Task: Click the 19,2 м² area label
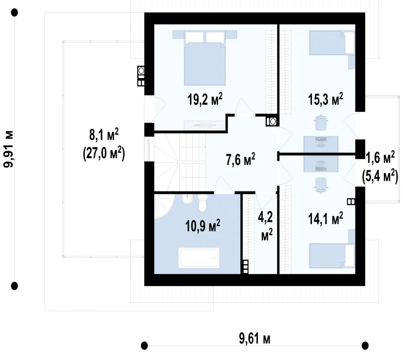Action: tap(205, 99)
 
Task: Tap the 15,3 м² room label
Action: tap(326, 99)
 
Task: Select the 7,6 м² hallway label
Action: tap(240, 159)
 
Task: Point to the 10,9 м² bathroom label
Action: tap(203, 226)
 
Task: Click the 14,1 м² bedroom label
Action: tap(326, 218)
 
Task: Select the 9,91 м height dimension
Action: tap(8, 149)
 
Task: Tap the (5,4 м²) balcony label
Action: tap(380, 176)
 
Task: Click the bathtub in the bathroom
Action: tap(199, 258)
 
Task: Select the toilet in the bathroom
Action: tap(203, 203)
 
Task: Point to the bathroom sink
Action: tap(187, 199)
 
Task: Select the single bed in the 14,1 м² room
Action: tap(332, 256)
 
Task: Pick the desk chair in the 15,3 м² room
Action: tap(321, 122)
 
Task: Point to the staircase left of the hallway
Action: tap(180, 162)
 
